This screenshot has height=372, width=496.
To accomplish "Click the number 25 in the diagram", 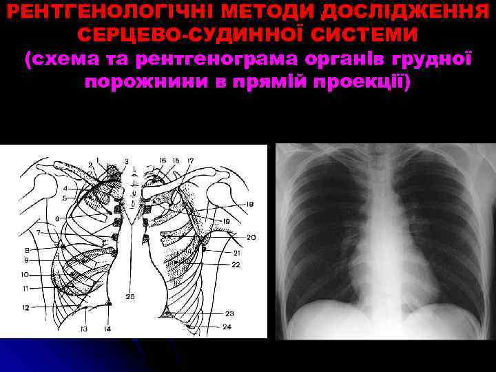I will tap(130, 297).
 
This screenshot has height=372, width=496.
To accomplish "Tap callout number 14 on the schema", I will tap(107, 329).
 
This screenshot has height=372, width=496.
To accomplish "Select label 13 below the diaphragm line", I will tap(83, 329).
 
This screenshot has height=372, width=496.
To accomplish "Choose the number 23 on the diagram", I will tap(229, 313).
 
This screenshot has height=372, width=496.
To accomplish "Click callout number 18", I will tap(249, 205).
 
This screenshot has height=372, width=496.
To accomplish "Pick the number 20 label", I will tap(251, 238).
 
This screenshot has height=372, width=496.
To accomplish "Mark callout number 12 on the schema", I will tap(25, 307).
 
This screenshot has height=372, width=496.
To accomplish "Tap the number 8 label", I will tap(28, 249).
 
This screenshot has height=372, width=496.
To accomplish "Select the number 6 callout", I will tap(57, 220).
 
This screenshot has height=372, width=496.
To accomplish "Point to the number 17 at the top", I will tap(190, 161).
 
